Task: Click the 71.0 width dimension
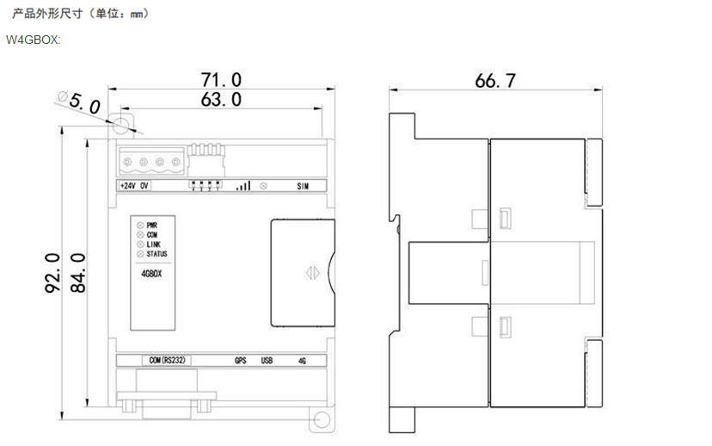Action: [x=221, y=79]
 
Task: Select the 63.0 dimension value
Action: [x=221, y=100]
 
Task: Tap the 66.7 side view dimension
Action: [x=495, y=81]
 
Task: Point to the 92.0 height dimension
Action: [x=52, y=273]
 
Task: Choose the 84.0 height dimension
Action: [x=78, y=273]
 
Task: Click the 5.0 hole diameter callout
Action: [x=84, y=104]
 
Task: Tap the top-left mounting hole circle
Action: [x=120, y=125]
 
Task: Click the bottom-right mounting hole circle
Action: [x=322, y=419]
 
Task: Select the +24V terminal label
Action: [x=127, y=186]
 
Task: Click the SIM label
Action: [x=303, y=186]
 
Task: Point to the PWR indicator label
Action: [x=152, y=226]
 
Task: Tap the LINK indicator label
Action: [x=153, y=245]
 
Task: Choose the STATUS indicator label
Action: [x=157, y=254]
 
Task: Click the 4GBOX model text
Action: [x=151, y=274]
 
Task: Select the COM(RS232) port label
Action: [x=167, y=360]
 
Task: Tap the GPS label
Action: [x=240, y=361]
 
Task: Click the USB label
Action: [x=267, y=361]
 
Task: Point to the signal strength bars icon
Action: [x=243, y=185]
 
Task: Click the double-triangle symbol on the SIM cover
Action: [x=312, y=273]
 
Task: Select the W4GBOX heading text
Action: [x=33, y=40]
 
